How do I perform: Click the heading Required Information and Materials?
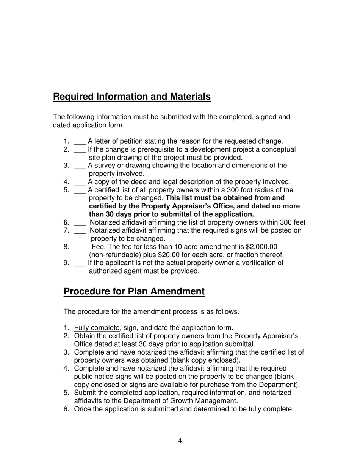click(x=131, y=97)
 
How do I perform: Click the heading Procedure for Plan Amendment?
click(x=134, y=291)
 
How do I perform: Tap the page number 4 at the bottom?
click(x=180, y=440)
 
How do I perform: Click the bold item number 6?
click(x=66, y=222)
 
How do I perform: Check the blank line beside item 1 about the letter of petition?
click(x=80, y=142)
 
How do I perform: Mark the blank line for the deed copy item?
click(x=80, y=182)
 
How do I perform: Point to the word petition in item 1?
click(x=142, y=141)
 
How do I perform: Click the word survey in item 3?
click(x=104, y=166)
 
